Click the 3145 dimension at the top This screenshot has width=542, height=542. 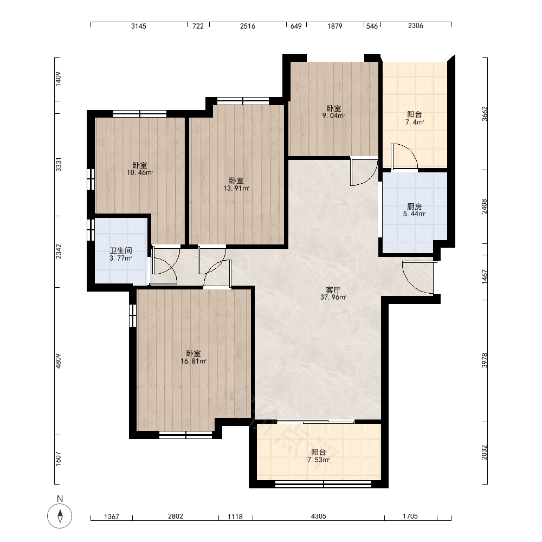pos(139,26)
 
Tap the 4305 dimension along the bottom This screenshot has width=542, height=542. pos(318,516)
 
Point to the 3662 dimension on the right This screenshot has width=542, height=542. pos(485,114)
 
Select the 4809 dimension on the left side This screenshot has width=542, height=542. pos(58,361)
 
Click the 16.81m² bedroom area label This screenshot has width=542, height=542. pos(193,358)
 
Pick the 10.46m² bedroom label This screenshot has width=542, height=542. pos(140,169)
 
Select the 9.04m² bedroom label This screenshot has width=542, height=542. pos(333,112)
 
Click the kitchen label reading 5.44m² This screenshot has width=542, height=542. pos(414,210)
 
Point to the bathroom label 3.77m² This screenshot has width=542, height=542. pos(121,254)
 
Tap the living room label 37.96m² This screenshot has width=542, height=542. pos(333,293)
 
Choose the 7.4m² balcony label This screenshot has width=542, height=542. pos(415,118)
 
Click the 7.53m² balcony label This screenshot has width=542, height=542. pos(318,456)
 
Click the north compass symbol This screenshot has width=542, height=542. pos(60,516)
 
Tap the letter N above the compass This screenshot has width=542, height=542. pos(60,499)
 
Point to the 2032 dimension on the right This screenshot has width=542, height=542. pos(485,452)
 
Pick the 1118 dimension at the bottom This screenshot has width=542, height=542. pos(235,517)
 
